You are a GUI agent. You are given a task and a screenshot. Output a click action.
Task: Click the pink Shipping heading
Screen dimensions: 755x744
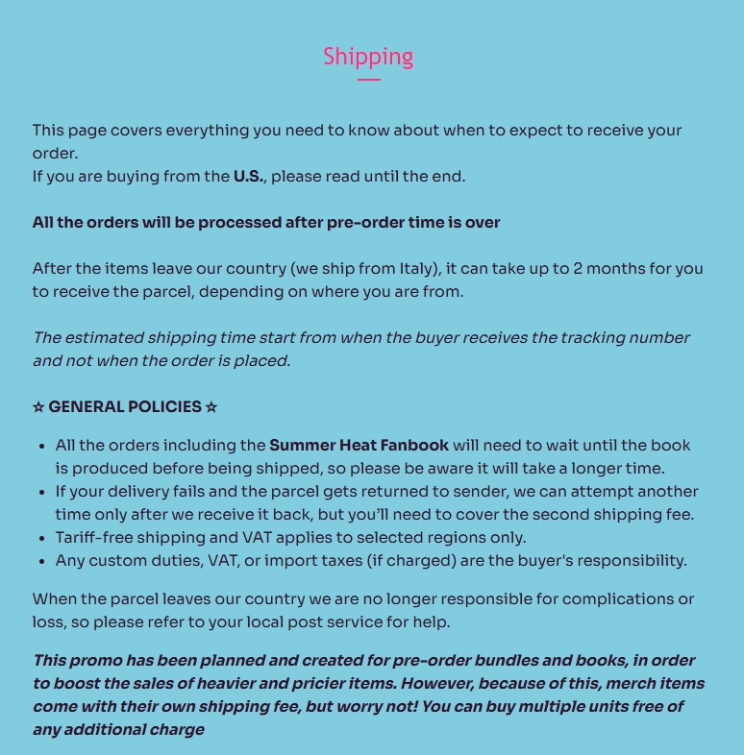tap(368, 57)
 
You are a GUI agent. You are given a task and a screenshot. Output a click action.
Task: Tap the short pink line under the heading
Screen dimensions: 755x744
tap(368, 80)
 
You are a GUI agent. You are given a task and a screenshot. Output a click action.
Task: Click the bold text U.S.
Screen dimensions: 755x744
tap(249, 176)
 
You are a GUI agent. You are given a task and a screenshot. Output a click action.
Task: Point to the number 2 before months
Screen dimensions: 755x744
tap(579, 268)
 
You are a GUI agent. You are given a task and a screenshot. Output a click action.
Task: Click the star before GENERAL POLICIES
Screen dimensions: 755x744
tap(38, 406)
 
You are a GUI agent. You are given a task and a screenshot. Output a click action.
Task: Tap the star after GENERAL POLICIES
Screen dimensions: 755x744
tap(211, 406)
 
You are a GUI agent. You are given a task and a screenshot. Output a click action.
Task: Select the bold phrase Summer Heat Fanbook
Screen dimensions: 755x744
tap(359, 445)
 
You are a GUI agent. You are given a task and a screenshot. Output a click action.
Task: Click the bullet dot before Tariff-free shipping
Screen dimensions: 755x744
tap(41, 537)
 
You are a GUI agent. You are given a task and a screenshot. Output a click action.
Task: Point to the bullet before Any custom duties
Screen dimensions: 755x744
tap(41, 560)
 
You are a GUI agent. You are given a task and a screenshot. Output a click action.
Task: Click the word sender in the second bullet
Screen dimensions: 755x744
tap(456, 491)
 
